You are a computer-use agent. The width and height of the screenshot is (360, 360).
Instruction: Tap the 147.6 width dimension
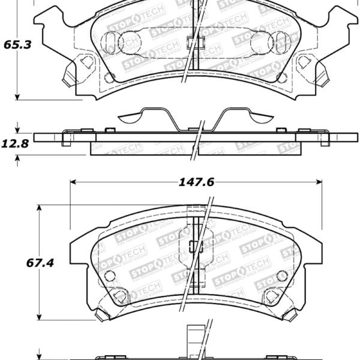pyautogui.click(x=196, y=182)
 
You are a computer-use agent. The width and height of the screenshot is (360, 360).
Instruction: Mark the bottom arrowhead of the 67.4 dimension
pyautogui.click(x=40, y=316)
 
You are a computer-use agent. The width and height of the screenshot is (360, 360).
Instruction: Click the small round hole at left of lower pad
pyautogui.click(x=109, y=275)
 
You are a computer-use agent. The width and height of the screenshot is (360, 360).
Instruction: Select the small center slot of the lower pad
pyautogui.click(x=192, y=245)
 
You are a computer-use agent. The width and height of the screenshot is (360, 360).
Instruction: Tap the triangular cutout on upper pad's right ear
pyautogui.click(x=303, y=61)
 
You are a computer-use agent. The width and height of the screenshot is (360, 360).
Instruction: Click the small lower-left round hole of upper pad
pyautogui.click(x=109, y=77)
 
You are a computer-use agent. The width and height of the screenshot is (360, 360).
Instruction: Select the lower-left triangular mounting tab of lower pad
pyautogui.click(x=120, y=296)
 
